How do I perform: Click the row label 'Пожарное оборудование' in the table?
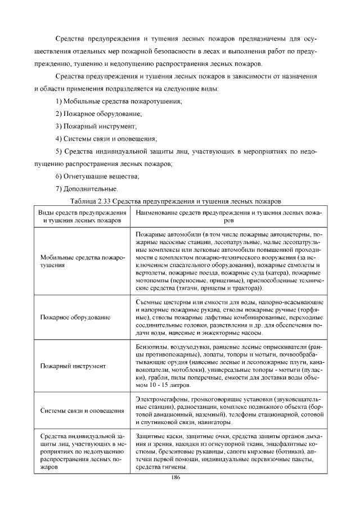[x=75, y=318]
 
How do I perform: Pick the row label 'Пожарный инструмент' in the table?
[x=73, y=366]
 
